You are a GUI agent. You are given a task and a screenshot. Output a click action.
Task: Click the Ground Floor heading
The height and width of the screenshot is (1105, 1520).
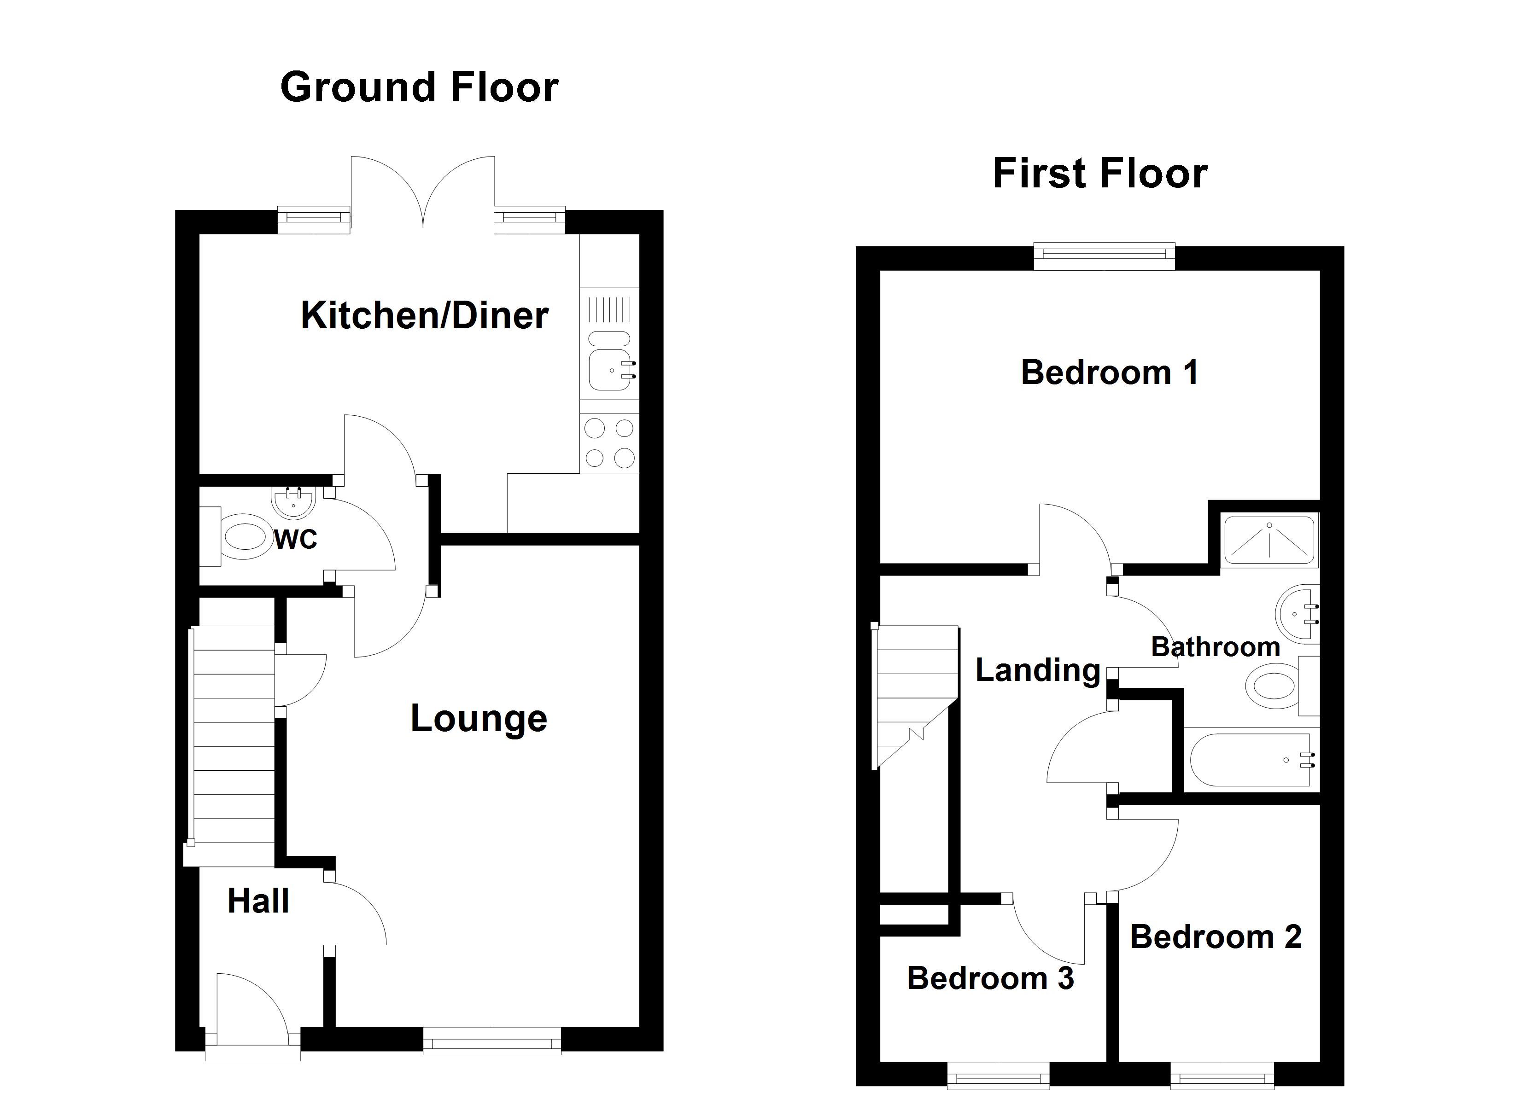420,88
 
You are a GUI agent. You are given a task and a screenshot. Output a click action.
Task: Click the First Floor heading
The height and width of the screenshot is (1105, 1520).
1100,174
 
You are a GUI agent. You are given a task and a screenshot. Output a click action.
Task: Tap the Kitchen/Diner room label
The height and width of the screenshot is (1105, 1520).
424,316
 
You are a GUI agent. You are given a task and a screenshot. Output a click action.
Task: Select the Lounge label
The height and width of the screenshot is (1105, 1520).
479,719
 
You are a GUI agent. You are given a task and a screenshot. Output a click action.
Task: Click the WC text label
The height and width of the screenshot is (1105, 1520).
296,540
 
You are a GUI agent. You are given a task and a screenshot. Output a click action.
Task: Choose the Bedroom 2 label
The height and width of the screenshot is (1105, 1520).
1216,937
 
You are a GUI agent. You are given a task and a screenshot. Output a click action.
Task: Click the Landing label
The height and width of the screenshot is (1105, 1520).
1037,670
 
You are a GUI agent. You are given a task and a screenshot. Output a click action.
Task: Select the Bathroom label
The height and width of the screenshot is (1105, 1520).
1216,647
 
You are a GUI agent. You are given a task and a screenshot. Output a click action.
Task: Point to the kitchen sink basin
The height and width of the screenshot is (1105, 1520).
610,370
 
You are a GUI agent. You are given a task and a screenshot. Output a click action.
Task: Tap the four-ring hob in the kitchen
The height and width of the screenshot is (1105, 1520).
609,443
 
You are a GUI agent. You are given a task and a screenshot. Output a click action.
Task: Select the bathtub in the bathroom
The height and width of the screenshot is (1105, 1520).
1251,760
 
